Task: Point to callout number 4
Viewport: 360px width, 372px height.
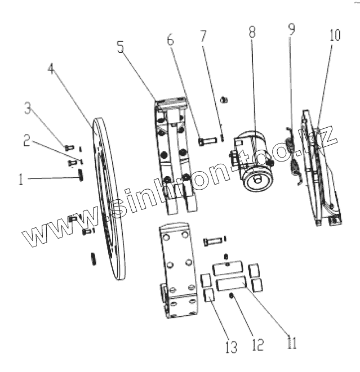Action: [51, 70]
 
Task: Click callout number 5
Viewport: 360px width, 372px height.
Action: [121, 47]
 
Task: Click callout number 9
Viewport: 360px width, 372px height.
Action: [291, 29]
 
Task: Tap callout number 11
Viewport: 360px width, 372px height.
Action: [291, 342]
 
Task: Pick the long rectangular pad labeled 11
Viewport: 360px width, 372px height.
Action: [230, 283]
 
